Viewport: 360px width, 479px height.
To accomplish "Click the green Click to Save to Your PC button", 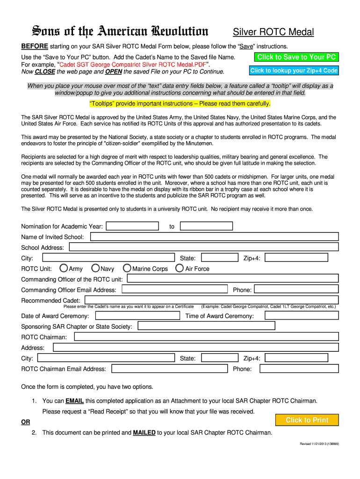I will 296,57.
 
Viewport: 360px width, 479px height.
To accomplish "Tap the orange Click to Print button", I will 307,420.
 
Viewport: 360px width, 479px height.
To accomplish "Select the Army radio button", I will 64,269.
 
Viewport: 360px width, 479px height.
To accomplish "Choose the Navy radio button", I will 95,269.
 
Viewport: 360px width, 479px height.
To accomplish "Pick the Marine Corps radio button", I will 127,269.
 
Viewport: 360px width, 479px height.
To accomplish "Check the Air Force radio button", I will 179,269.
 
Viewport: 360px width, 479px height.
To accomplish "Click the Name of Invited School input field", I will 214,237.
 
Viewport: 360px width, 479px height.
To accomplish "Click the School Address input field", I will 204,247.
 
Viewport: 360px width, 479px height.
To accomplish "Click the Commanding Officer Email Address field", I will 174,290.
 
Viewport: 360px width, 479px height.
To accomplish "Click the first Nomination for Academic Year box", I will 132,226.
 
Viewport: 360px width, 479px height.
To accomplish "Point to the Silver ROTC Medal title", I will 274,32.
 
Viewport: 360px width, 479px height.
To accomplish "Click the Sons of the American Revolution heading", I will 120,32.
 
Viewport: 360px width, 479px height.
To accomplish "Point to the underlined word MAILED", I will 144,433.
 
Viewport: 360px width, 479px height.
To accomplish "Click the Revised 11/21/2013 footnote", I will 319,444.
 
